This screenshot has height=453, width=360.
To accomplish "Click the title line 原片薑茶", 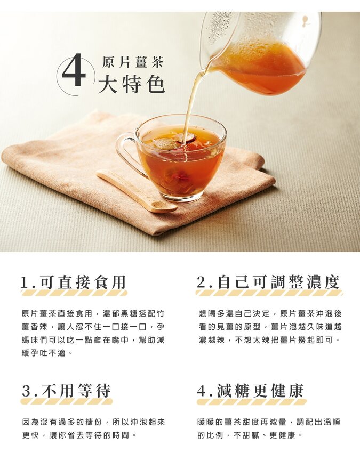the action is pos(133,62).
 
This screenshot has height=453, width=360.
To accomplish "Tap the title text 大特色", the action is pos(131,84).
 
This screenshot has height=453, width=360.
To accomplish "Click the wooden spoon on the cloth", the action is pos(136,191).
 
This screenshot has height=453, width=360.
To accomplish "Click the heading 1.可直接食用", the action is pos(74,282).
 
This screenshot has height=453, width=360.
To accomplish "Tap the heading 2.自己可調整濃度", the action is pos(268,282).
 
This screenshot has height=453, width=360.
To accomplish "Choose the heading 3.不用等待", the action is pos(66,391).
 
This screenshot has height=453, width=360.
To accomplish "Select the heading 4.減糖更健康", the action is pos(250,391).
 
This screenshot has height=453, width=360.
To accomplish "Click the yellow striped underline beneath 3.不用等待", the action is pos(67,401).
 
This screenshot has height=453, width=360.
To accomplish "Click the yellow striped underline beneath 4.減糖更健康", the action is pos(252,401).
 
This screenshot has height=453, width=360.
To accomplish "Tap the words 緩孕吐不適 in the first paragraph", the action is pos(44,353).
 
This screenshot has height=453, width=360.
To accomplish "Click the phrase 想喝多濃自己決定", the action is pos(234,313).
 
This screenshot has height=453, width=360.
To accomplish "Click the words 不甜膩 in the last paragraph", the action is pos(246,435).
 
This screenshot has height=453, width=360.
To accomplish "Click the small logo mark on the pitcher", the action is pos(304,21).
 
